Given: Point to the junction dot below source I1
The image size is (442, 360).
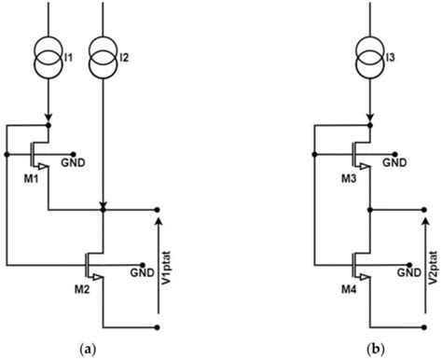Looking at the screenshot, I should (48, 121).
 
